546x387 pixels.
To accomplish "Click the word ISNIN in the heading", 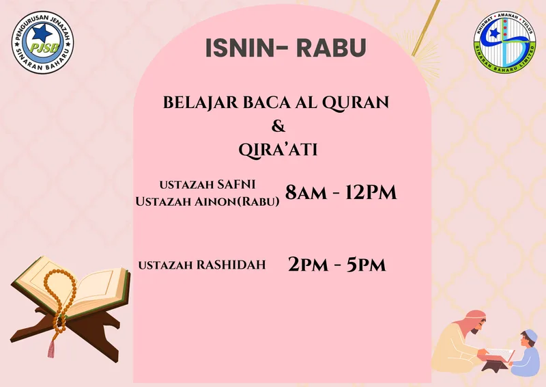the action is [x=240, y=48].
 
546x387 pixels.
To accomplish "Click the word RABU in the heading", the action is [x=331, y=48].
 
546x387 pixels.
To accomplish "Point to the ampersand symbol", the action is [x=278, y=126].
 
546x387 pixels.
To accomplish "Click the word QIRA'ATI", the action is [x=278, y=150].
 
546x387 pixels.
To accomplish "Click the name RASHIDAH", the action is [x=231, y=265].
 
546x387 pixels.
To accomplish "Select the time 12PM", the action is [x=371, y=192].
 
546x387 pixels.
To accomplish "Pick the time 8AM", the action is [x=306, y=192].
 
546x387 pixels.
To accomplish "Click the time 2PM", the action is [x=308, y=265].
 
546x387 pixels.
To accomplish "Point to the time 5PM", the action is [x=367, y=265].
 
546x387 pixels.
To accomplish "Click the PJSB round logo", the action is [x=42, y=42].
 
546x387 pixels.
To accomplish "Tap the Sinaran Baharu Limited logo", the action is [x=504, y=42].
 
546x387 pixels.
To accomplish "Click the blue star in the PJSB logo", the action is [x=42, y=33].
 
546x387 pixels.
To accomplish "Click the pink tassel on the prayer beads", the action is [x=51, y=348].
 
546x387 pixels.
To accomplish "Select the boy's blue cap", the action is [x=532, y=335].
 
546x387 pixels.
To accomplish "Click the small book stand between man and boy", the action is [x=495, y=365].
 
